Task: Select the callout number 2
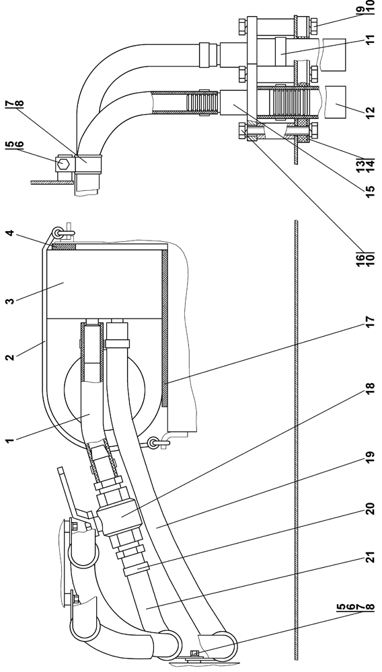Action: (x=10, y=356)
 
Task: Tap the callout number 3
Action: (x=10, y=300)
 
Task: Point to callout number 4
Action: (x=10, y=233)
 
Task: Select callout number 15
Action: (x=371, y=188)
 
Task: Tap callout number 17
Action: (x=371, y=322)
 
